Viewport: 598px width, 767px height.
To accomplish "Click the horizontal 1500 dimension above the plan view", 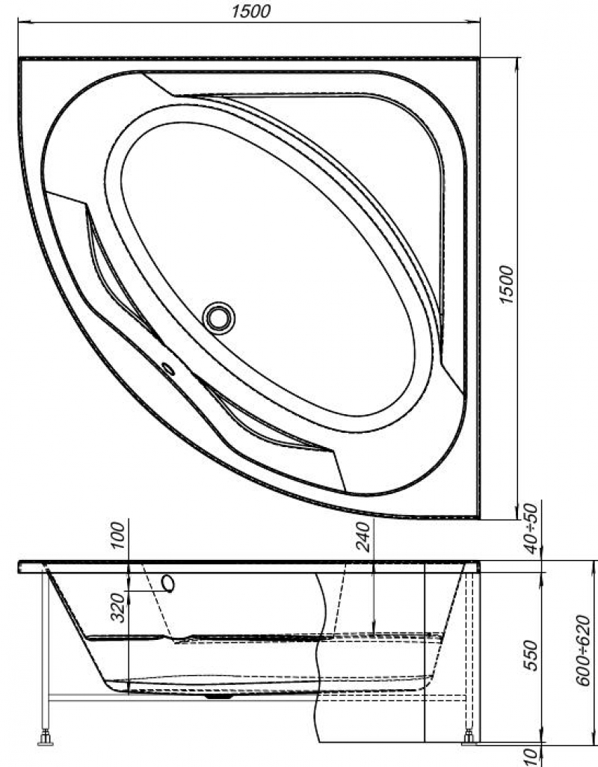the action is click(250, 10).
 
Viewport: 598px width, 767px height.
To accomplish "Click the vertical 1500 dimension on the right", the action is click(507, 285).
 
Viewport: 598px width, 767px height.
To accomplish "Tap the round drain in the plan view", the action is click(219, 318).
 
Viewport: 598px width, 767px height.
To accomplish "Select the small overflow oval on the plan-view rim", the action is click(168, 369).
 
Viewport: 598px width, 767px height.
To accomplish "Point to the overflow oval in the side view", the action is click(168, 584).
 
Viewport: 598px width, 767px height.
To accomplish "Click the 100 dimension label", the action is click(118, 535).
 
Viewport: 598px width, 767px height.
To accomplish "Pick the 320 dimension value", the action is click(118, 608).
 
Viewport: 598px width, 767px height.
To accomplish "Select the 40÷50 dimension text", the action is click(532, 529).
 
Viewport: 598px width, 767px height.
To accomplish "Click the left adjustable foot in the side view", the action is click(46, 738).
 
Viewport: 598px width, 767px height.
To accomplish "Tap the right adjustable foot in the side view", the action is click(469, 737).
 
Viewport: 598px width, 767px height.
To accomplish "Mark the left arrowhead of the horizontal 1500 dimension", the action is click(25, 21).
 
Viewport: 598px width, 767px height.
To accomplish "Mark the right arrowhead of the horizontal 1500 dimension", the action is click(473, 21).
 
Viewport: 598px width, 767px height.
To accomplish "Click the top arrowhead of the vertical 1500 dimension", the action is click(517, 64).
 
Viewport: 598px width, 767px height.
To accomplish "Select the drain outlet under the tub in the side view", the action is click(219, 697).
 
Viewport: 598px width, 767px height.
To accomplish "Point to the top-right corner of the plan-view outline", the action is click(480, 58).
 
